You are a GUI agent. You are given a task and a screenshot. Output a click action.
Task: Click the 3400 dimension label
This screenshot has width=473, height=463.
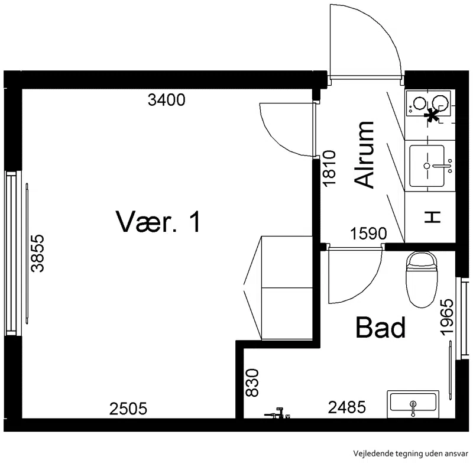[167, 100]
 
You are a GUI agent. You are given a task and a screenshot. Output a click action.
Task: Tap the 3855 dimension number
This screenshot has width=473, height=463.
[38, 253]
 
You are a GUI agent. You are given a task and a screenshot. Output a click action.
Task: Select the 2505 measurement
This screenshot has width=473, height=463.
[128, 409]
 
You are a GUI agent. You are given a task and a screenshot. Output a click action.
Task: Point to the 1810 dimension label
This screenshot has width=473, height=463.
[329, 169]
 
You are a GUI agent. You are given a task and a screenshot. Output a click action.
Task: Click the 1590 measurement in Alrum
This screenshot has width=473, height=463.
[368, 234]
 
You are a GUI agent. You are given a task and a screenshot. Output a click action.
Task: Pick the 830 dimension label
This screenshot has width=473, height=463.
[252, 383]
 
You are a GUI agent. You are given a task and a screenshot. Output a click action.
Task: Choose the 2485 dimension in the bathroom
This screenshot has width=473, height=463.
[347, 407]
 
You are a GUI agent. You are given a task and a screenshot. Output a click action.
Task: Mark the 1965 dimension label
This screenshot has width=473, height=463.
[447, 317]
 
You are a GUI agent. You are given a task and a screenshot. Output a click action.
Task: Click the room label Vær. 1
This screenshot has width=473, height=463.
[158, 222]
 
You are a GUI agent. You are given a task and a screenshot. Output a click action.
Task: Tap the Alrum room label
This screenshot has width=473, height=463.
[364, 155]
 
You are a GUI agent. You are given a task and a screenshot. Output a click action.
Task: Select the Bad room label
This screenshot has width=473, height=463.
[381, 327]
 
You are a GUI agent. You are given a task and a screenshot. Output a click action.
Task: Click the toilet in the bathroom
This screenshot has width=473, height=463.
[422, 279]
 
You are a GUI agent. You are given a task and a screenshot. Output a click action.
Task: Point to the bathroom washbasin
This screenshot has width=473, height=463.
[413, 404]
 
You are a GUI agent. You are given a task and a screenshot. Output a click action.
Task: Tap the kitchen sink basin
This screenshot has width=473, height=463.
[427, 166]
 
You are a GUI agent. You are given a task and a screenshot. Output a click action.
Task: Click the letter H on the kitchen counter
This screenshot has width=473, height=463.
[433, 217]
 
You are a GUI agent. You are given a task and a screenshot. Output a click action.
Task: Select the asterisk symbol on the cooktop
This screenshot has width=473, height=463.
[432, 115]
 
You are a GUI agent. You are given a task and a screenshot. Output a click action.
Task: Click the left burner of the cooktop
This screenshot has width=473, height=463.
[420, 103]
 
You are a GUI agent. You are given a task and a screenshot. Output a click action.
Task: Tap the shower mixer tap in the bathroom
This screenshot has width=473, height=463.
[277, 413]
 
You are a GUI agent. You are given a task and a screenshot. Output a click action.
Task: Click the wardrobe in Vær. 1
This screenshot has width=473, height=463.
[287, 288]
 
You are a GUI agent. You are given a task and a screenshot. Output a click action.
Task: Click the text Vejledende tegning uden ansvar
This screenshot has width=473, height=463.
[411, 454]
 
